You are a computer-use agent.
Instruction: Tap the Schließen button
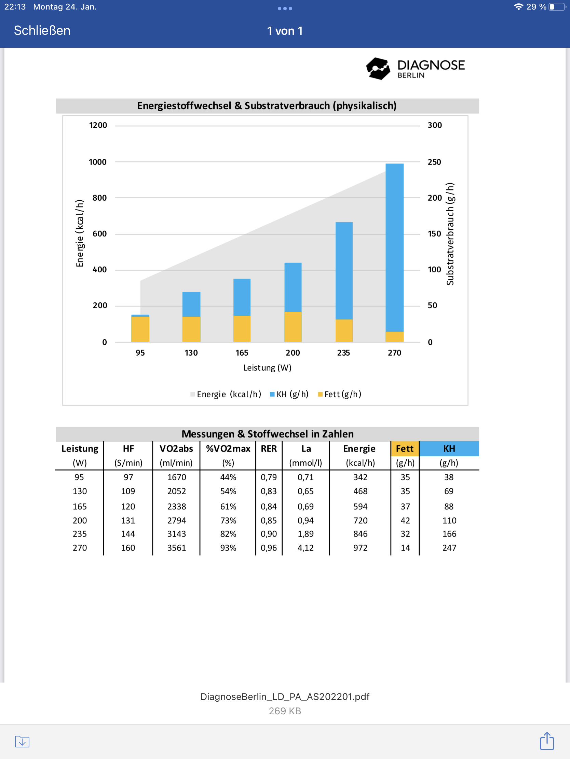click(42, 31)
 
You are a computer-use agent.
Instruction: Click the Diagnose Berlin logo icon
click(378, 69)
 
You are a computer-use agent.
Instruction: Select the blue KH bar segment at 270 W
click(394, 247)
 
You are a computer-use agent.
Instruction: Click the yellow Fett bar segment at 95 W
click(140, 329)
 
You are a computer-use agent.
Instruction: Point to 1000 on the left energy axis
click(98, 162)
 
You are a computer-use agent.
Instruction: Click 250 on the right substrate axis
click(434, 162)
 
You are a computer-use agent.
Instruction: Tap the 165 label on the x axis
click(242, 353)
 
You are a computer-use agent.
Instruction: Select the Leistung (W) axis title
click(267, 368)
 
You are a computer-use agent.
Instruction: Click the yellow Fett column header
click(405, 448)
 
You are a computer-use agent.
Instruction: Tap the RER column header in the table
click(269, 448)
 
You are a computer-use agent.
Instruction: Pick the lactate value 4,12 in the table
click(306, 548)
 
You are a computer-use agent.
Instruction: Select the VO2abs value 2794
click(177, 520)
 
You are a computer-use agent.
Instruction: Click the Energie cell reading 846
click(360, 534)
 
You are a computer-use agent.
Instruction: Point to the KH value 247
click(449, 548)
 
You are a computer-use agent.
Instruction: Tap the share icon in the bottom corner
click(547, 741)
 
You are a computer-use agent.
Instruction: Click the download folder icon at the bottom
click(22, 742)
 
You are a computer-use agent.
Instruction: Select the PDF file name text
click(285, 697)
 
